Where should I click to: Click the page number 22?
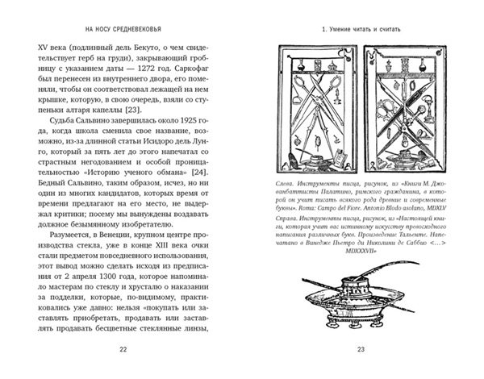pyautogui.click(x=123, y=348)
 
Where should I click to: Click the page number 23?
pyautogui.click(x=361, y=348)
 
